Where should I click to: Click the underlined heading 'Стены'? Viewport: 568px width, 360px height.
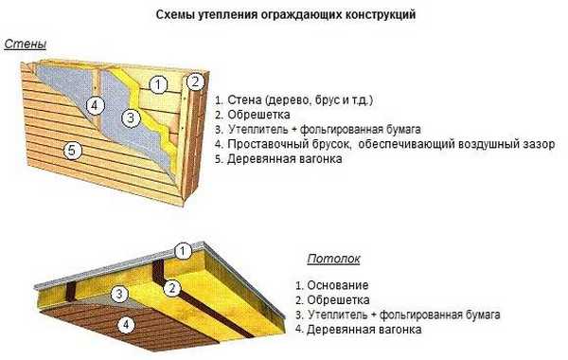(x=26, y=45)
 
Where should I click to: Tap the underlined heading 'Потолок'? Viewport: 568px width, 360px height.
(x=332, y=258)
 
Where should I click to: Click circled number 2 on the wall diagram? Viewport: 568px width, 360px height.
(x=195, y=81)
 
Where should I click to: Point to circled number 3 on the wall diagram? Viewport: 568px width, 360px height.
(x=131, y=117)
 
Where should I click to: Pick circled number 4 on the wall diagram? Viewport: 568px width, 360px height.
(x=95, y=105)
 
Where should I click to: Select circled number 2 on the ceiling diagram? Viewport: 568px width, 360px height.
(x=172, y=287)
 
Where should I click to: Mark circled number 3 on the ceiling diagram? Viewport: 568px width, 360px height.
(x=119, y=295)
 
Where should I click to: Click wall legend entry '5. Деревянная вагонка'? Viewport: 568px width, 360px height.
(x=278, y=159)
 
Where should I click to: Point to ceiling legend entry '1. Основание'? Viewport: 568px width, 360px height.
(x=330, y=284)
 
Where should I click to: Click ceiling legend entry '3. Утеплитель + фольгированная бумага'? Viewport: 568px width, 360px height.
(x=397, y=314)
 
